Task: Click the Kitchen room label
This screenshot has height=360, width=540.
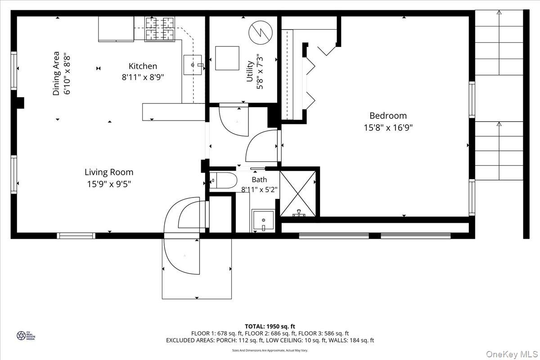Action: pos(143,66)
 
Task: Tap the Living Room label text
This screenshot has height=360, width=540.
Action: pos(109,172)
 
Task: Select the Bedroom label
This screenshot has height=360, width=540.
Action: pos(388,116)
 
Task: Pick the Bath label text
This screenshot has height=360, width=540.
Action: pos(259,180)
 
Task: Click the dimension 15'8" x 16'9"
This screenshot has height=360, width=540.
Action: pos(388,127)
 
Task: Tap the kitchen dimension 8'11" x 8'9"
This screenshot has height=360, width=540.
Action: pos(143,77)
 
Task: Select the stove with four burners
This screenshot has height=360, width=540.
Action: pos(159,28)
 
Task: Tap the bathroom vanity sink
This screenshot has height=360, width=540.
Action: pos(262,220)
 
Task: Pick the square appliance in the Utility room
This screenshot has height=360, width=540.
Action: pos(227,58)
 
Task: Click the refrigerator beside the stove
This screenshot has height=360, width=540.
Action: pos(116,29)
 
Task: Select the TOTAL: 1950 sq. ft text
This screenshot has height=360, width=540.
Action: pos(270,326)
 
